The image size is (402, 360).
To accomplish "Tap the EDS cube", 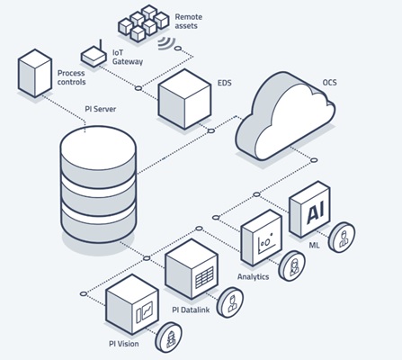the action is (x=184, y=99).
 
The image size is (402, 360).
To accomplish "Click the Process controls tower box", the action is (x=35, y=73).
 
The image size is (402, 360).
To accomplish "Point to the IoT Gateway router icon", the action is (x=94, y=56).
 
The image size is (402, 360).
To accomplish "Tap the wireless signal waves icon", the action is (x=167, y=43).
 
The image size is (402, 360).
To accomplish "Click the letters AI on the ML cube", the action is (x=315, y=213).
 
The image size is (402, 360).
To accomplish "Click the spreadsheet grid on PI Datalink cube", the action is (x=204, y=277).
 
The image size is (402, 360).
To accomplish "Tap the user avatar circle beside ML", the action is (x=342, y=237).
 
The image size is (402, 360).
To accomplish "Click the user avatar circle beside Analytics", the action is (x=291, y=265).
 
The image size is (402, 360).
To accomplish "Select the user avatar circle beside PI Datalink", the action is (x=230, y=302).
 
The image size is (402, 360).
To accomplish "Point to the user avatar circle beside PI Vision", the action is (x=168, y=337).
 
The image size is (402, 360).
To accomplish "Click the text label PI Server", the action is (x=100, y=109).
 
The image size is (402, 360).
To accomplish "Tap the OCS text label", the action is (x=329, y=82).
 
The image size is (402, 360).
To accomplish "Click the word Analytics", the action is (x=254, y=276).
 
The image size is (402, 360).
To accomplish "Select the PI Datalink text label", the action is (x=191, y=310).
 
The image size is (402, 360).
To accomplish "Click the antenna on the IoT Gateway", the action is (x=101, y=47).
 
